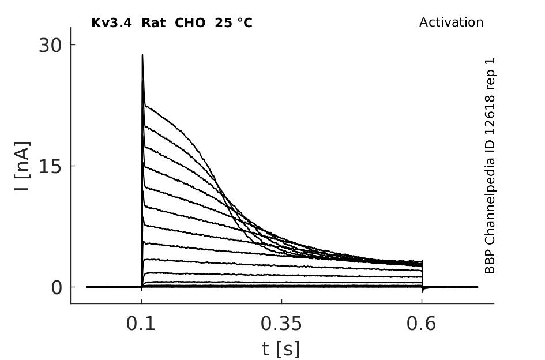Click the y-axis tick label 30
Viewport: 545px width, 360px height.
pos(50,45)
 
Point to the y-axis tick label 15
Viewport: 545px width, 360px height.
pos(50,167)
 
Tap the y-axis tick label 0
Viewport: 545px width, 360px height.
pos(57,288)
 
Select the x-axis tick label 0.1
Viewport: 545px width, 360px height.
pos(141,324)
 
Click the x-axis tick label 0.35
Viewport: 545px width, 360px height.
pos(281,324)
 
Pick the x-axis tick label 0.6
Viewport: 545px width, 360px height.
pos(421,324)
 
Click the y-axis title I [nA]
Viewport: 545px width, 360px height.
pos(22,166)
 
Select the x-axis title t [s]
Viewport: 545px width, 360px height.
pos(280,349)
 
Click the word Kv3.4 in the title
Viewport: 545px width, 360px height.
pos(111,23)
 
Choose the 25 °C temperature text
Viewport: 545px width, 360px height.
pos(234,23)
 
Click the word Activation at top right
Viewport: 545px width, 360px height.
pos(451,22)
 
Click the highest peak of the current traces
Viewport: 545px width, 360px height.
pos(142,55)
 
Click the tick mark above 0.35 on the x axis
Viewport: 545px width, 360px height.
pos(281,302)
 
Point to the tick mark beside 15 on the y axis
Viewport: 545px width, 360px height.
pos(73,166)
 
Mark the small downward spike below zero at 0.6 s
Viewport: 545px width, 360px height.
pos(422,290)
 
